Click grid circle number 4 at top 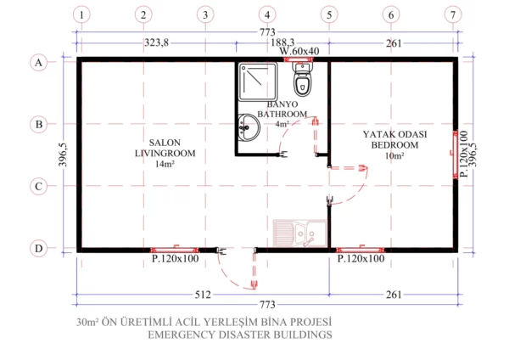(267, 14)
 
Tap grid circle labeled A (38, 62)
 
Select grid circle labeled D (38, 249)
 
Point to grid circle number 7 (454, 14)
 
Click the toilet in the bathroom (302, 82)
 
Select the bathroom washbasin (248, 127)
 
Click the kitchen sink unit (299, 233)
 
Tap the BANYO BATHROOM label (282, 108)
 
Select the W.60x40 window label (300, 52)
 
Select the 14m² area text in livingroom (164, 164)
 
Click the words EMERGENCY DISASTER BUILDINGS (239, 335)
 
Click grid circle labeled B (38, 124)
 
